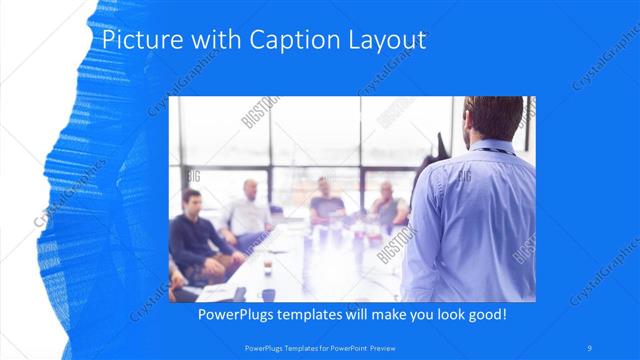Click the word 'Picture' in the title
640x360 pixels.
tap(135, 41)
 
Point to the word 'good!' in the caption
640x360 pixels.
tap(484, 314)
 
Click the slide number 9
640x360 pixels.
tap(590, 347)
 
